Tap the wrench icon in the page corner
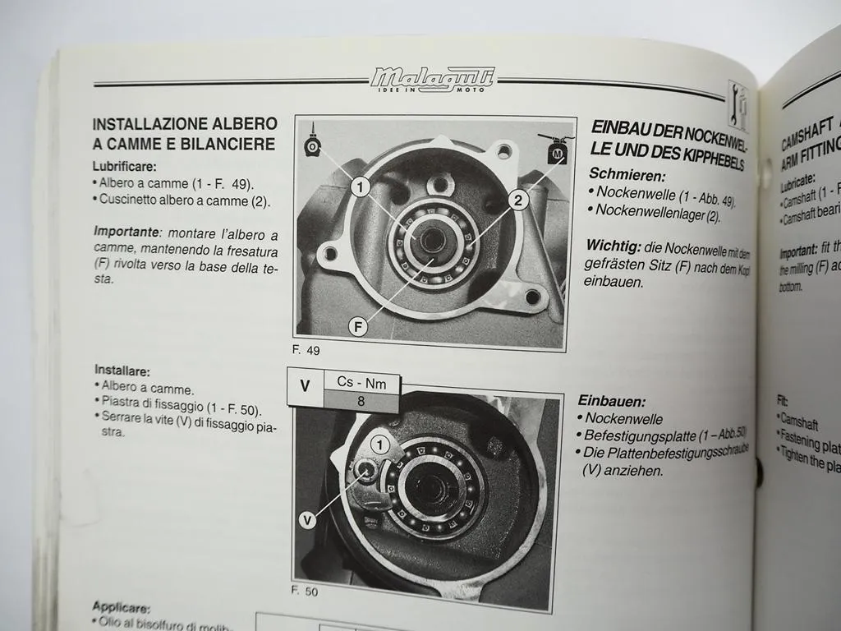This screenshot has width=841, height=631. point(737,104)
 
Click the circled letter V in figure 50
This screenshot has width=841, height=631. point(307,519)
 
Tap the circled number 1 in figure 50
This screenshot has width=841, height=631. point(379,444)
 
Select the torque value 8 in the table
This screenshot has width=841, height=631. point(361,402)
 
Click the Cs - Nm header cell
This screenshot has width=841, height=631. point(361,382)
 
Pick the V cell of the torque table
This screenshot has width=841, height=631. point(306,385)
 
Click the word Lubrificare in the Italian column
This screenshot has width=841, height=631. point(124,166)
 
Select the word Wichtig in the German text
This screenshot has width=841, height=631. point(613,245)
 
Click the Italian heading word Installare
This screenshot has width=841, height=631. point(122,370)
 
